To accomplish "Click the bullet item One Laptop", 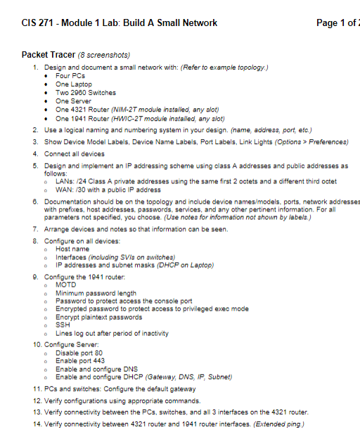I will (73, 84).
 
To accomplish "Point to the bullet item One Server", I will (73, 101).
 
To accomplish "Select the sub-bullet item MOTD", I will (65, 285).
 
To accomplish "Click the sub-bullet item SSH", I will (63, 325).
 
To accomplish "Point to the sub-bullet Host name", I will (72, 249).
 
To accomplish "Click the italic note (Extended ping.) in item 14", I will (281, 425).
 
